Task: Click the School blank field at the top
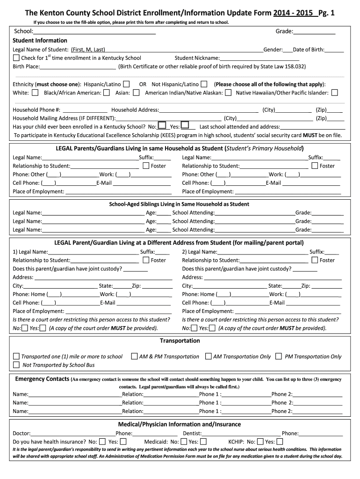coord(94,32)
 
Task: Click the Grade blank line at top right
coord(314,32)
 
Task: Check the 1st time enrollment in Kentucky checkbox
coord(16,58)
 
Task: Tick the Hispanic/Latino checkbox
coord(127,84)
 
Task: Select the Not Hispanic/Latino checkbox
coord(204,84)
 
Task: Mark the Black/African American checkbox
coord(107,93)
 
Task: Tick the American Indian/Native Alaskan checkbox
coord(228,93)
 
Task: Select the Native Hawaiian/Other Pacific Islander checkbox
coord(334,93)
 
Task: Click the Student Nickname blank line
coord(259,58)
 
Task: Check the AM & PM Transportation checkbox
coord(135,356)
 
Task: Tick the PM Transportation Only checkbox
coord(279,356)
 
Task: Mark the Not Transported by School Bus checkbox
coord(16,365)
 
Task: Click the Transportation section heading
coord(180,341)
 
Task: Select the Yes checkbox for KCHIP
coord(280,442)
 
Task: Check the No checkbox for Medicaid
coord(184,442)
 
